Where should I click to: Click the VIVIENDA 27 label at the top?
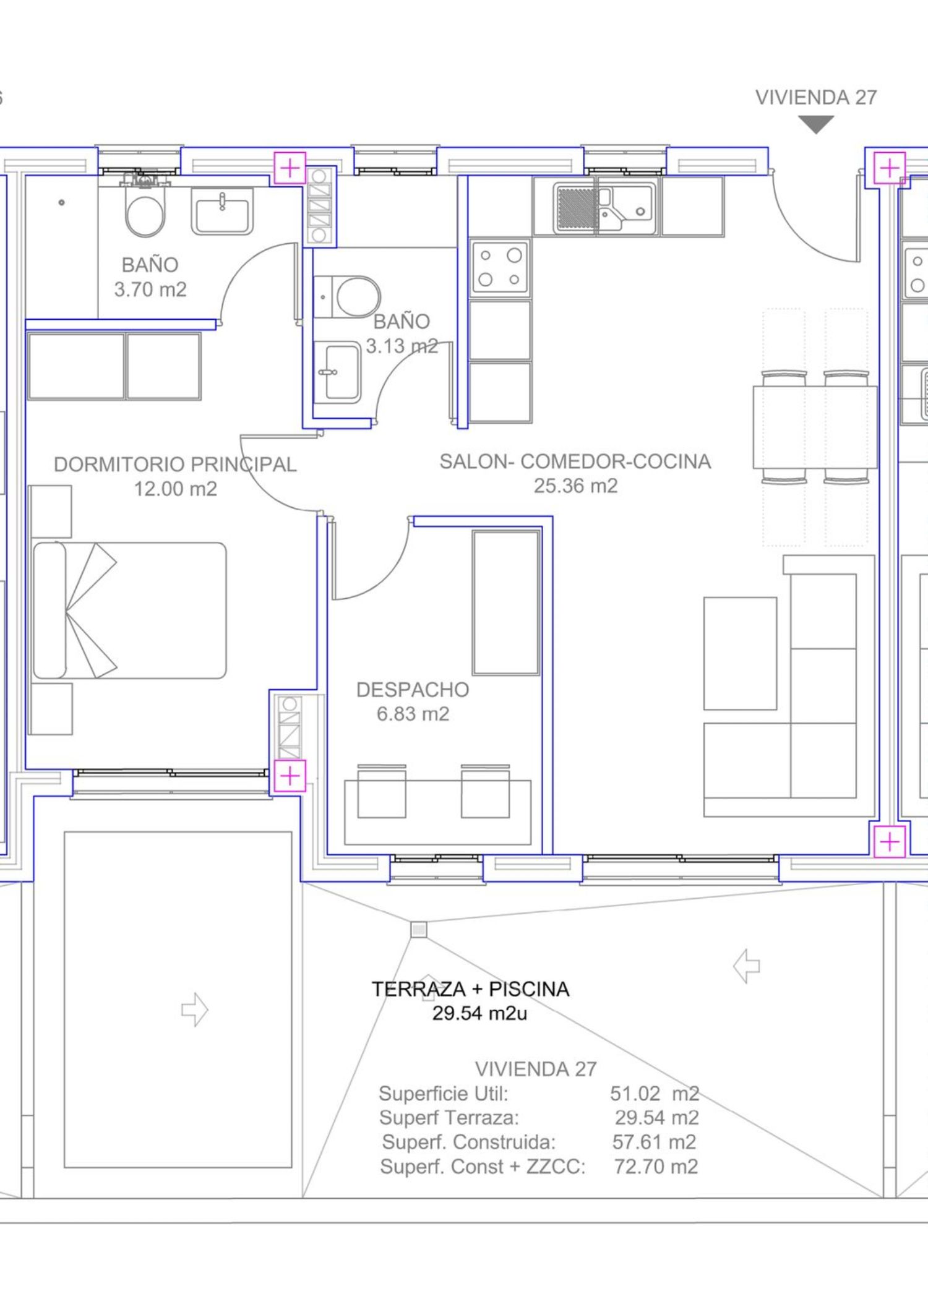(x=816, y=98)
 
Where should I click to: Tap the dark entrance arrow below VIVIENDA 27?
(x=816, y=125)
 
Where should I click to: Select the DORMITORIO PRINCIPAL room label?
(x=175, y=464)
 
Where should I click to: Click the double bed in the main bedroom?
(x=130, y=610)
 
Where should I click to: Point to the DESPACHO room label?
(x=413, y=690)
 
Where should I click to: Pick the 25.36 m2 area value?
(x=575, y=486)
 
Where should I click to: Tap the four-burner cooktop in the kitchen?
(x=500, y=267)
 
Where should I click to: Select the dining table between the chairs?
(x=815, y=427)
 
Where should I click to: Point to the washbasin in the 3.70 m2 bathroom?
(x=222, y=211)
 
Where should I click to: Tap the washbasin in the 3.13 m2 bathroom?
(x=337, y=372)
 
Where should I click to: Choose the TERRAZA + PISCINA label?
(x=470, y=989)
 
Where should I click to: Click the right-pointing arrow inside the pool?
(x=194, y=1010)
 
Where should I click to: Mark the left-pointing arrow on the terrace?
(x=747, y=966)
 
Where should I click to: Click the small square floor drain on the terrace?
(x=419, y=929)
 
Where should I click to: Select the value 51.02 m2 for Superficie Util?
(x=655, y=1094)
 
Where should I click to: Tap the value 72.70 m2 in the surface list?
(x=656, y=1167)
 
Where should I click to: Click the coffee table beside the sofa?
(x=740, y=653)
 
